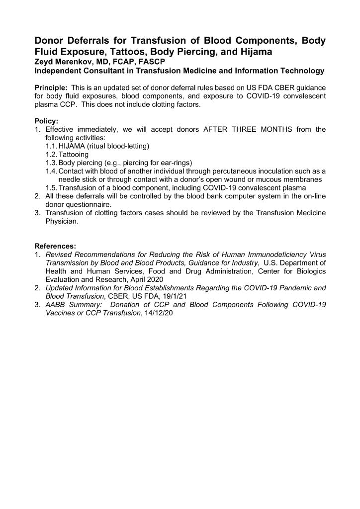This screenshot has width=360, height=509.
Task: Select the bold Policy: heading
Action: tap(46, 121)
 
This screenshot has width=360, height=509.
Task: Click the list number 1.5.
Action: tap(51, 187)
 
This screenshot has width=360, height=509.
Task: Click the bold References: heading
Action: tap(55, 246)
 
